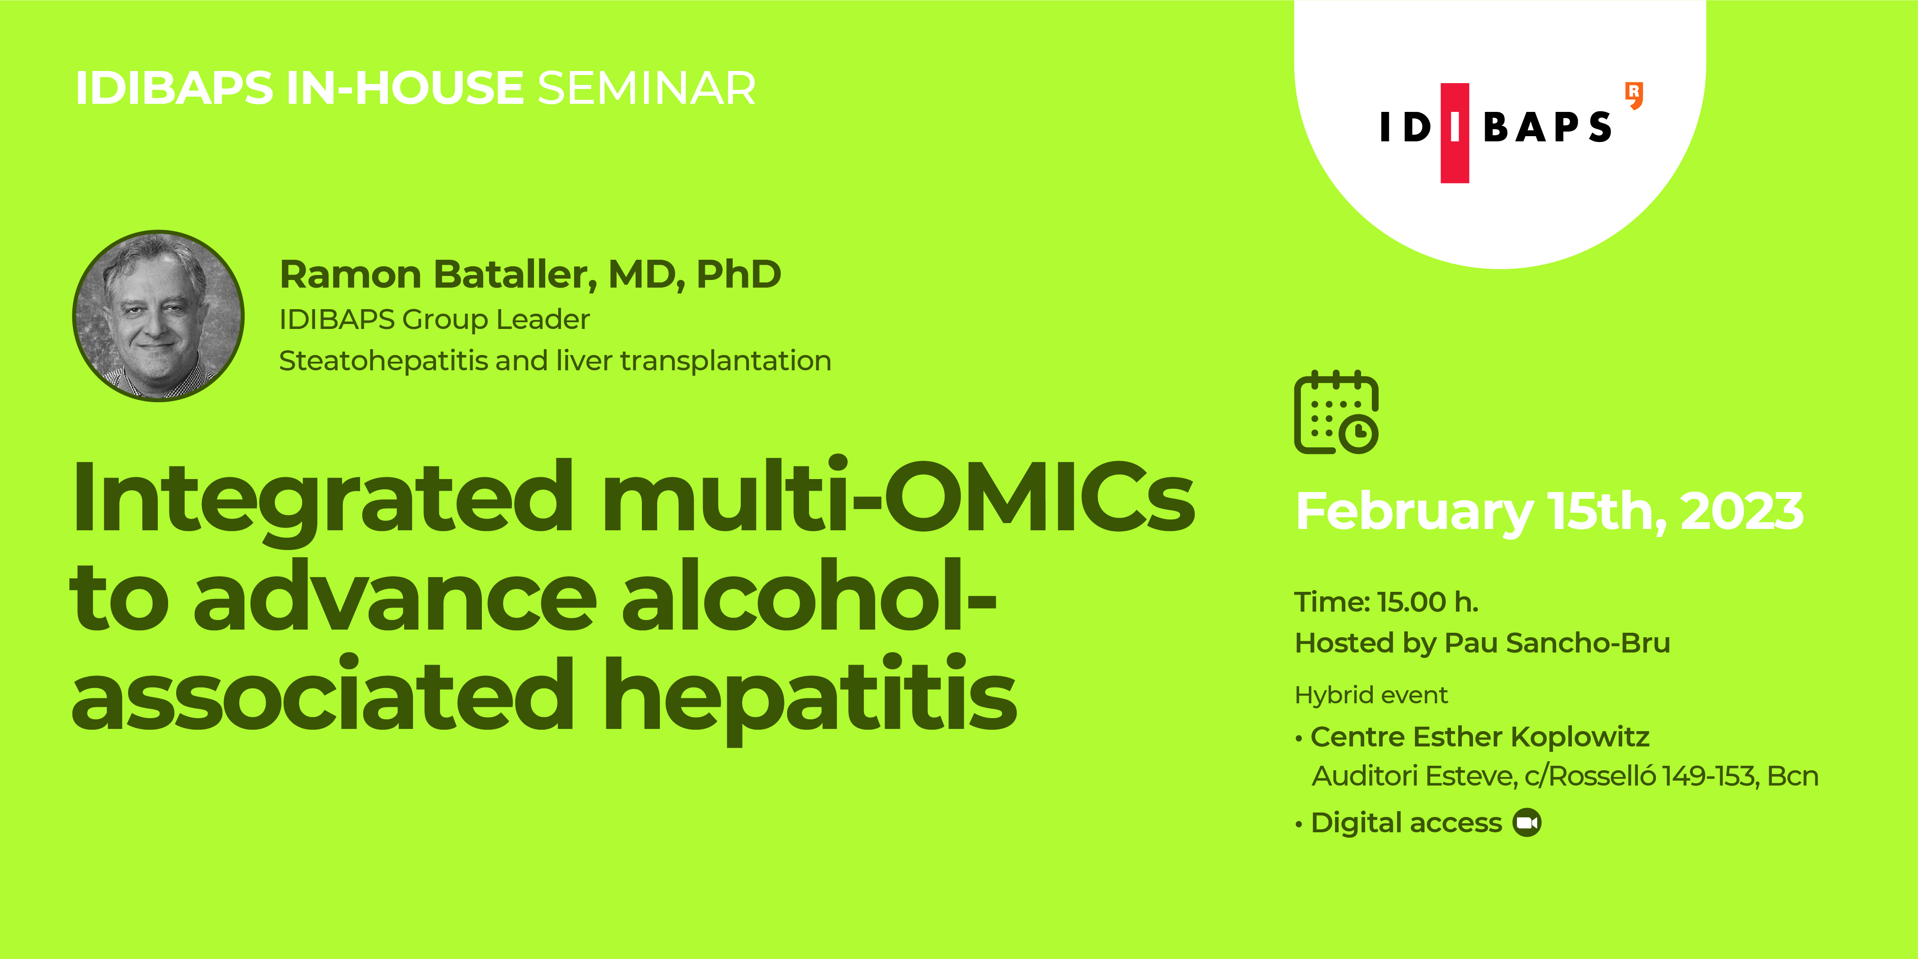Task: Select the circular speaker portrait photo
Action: tap(159, 315)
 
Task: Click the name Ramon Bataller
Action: tap(436, 274)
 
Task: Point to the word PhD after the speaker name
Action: tap(738, 274)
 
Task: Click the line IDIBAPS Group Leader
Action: tap(434, 320)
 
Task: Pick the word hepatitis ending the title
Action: tap(810, 696)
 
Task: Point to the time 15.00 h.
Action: tap(1427, 602)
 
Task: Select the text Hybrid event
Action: tap(1371, 695)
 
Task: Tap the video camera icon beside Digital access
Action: tap(1527, 823)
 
